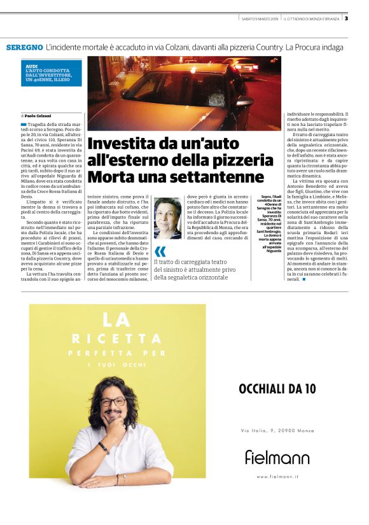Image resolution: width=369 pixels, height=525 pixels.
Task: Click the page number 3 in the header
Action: (346, 18)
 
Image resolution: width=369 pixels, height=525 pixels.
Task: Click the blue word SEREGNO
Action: (24, 48)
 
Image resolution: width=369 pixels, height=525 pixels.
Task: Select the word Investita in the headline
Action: (118, 144)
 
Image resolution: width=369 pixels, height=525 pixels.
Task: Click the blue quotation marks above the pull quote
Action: (160, 251)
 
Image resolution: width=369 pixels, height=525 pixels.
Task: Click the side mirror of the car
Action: (241, 101)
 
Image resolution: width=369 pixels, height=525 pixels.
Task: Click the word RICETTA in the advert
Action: (118, 338)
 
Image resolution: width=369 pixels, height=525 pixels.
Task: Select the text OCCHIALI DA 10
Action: (277, 388)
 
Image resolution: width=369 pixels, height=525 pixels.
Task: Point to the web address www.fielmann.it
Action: (277, 476)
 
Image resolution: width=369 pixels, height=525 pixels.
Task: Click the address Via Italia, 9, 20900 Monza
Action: (277, 431)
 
